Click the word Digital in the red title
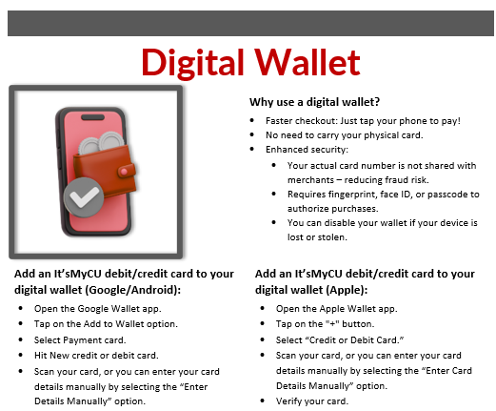192,63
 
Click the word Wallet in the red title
308,62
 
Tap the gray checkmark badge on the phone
84,197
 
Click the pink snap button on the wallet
124,172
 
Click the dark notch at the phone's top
92,117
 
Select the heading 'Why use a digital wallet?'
314,102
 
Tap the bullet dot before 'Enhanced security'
252,149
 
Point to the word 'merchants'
310,180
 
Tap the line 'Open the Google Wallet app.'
98,309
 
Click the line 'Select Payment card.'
80,340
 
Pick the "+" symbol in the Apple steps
332,324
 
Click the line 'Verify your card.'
312,401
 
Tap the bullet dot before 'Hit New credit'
21,355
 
